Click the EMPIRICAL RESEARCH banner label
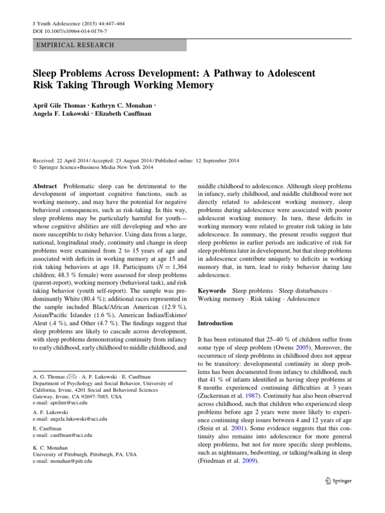pos(76,45)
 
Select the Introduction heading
pos(216,323)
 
